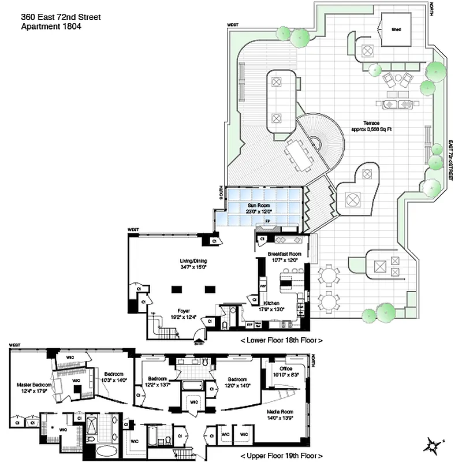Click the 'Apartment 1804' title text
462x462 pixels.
click(51, 27)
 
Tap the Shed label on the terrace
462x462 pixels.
click(396, 29)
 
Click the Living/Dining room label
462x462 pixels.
click(193, 261)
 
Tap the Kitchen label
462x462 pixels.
click(273, 303)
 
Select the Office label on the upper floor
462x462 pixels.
click(285, 368)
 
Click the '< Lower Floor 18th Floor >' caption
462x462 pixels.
click(281, 340)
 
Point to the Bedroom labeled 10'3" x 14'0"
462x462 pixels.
click(113, 376)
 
